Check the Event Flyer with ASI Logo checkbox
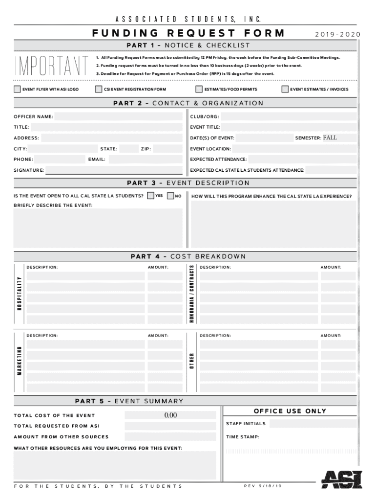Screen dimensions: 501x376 click(18, 90)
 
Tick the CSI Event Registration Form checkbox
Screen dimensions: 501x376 click(99, 90)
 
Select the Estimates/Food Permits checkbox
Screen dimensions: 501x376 click(199, 90)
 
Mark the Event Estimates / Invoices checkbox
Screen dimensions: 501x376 click(285, 90)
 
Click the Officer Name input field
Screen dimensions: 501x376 click(119, 116)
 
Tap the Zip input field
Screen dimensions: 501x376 click(169, 149)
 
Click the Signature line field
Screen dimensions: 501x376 click(115, 170)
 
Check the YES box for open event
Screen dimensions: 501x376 click(150, 196)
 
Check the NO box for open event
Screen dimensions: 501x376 click(170, 196)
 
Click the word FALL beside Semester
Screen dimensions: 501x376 click(330, 138)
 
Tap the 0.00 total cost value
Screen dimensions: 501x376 click(170, 415)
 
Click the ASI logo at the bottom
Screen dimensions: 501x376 click(342, 479)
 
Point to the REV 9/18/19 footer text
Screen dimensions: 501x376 click(262, 486)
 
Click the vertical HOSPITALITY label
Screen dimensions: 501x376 click(20, 294)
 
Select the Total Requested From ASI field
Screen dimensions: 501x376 click(170, 426)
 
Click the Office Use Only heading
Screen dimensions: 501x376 click(290, 411)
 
